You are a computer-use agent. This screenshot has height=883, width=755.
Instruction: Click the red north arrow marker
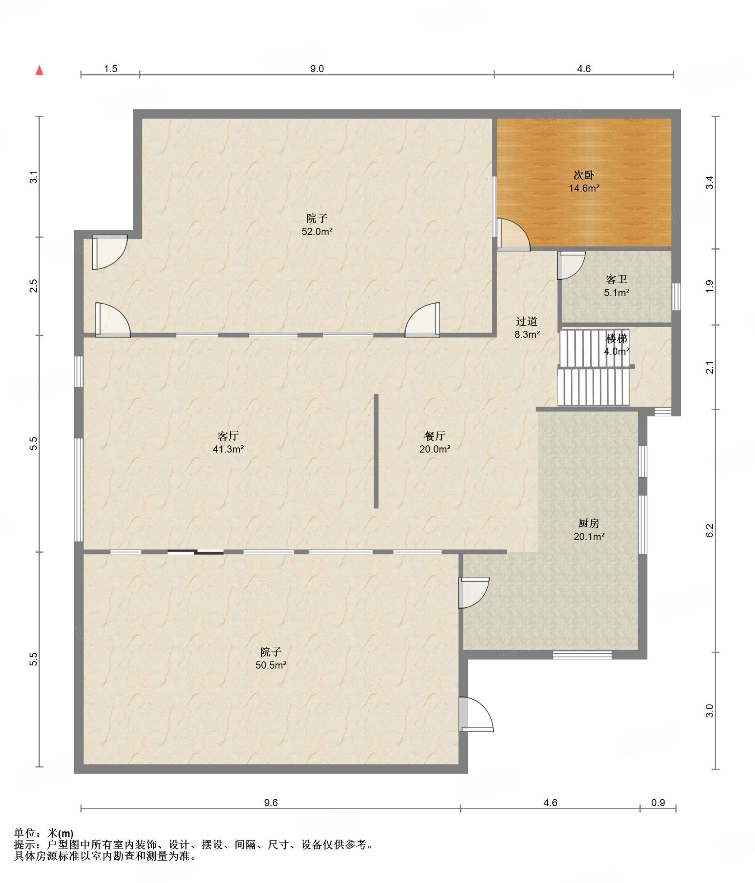(x=39, y=70)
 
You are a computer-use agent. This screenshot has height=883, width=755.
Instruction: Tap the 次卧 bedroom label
(x=584, y=175)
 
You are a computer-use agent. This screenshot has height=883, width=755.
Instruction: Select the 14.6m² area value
(x=584, y=188)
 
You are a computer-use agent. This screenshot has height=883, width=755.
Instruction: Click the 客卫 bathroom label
(x=616, y=279)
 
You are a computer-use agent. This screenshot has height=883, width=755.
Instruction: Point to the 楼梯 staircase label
(x=616, y=338)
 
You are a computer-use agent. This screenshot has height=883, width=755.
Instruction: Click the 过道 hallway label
(x=526, y=321)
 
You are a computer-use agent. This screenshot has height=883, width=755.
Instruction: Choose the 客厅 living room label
(x=228, y=436)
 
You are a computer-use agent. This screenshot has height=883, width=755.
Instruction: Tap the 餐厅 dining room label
(x=435, y=436)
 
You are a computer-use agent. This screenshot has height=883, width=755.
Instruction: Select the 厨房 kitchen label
(x=589, y=523)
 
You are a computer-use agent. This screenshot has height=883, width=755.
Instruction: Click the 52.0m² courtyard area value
(x=317, y=232)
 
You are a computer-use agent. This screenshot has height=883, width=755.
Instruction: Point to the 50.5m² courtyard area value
(x=271, y=665)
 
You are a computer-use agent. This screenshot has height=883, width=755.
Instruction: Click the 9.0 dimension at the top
(x=317, y=69)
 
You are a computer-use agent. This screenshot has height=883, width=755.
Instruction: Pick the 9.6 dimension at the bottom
(x=271, y=803)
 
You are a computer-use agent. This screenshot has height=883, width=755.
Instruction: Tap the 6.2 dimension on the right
(x=710, y=531)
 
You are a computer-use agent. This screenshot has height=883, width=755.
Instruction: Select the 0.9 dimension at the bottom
(x=658, y=803)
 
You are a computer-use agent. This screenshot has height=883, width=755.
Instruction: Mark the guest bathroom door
(x=571, y=265)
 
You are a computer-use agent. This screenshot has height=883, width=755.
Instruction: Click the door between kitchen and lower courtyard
(x=473, y=593)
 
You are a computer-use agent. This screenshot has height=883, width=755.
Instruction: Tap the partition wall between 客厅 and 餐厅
(x=376, y=451)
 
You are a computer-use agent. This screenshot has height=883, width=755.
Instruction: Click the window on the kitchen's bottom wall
(x=582, y=655)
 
